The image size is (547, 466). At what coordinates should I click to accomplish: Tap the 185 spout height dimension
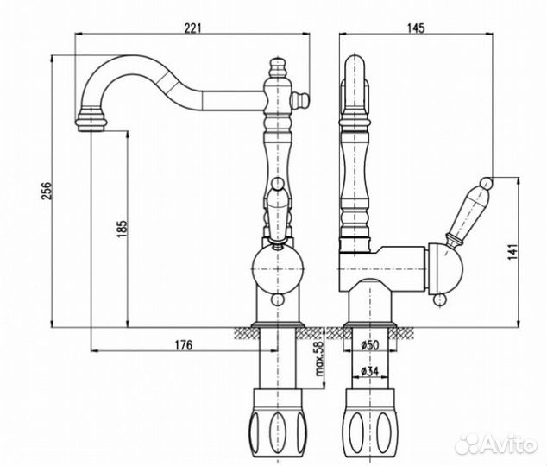pos(122,229)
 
